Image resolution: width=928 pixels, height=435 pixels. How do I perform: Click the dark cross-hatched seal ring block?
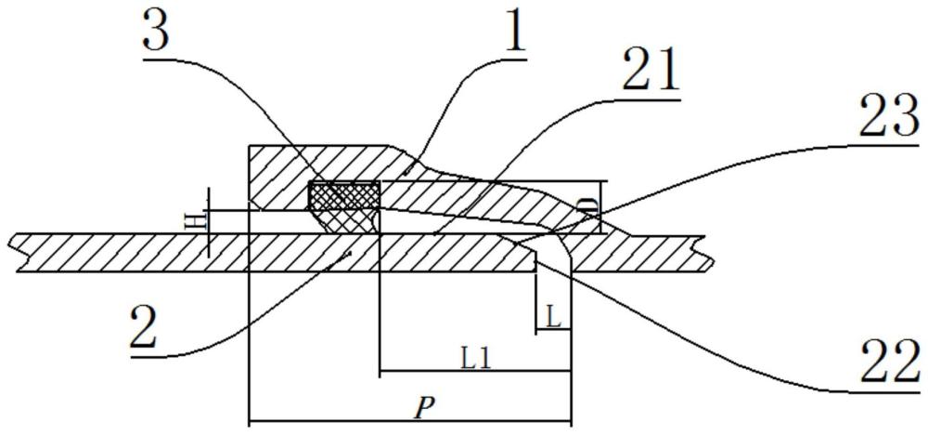343,195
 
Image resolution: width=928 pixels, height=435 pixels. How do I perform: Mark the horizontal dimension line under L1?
473,373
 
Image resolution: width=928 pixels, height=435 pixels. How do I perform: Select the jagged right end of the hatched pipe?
709,252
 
